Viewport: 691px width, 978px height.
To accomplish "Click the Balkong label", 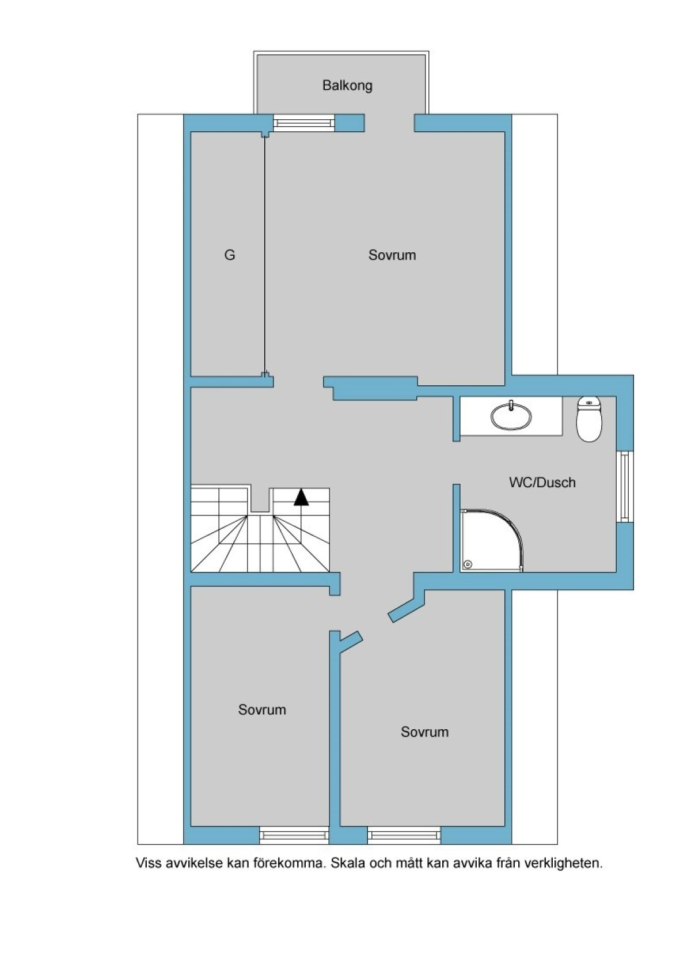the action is click(347, 86).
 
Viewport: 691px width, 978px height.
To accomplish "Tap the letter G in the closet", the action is click(230, 255).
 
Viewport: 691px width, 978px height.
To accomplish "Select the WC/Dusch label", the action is click(542, 483).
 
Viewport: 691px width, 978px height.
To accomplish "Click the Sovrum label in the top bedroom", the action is click(392, 255).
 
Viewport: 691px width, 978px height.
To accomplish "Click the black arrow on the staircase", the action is click(301, 497).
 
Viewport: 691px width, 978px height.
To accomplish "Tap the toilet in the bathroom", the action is click(589, 419).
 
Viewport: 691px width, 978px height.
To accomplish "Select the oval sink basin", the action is click(511, 416).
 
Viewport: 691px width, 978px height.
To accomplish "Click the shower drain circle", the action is click(468, 564).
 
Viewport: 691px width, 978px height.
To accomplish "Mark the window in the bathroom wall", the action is click(625, 486).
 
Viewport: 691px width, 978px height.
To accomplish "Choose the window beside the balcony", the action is click(304, 122).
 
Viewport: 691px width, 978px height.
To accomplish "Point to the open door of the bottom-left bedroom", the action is click(351, 642).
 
